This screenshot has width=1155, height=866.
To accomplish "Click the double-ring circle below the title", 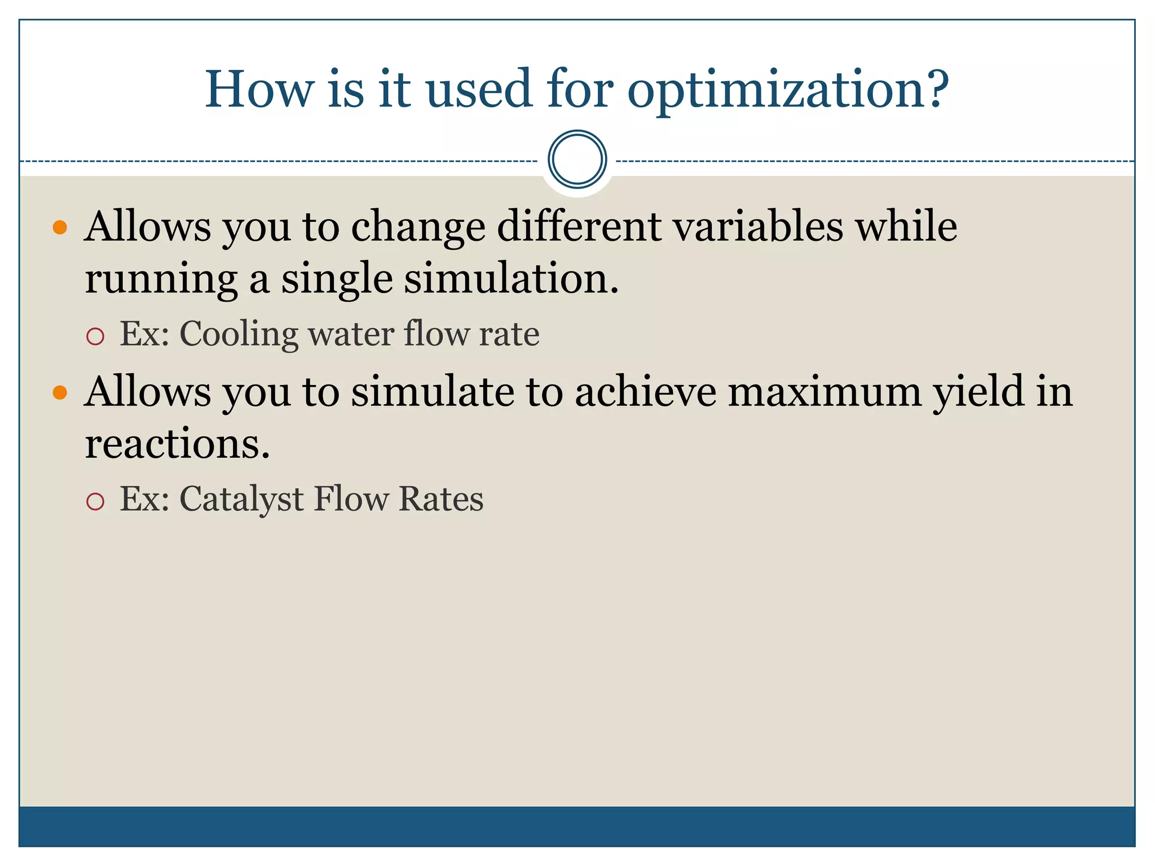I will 577,160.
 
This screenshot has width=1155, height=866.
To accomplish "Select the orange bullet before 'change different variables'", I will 60,228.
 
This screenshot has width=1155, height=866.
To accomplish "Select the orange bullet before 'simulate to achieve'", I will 60,393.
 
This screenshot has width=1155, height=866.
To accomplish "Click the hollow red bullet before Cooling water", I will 95,337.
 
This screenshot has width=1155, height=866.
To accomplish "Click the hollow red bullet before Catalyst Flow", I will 95,501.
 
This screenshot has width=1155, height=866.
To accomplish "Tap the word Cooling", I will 239,334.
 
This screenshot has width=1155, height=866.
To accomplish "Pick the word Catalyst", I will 241,500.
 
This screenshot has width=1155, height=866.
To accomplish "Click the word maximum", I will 825,392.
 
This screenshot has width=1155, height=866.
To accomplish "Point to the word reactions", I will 177,444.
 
